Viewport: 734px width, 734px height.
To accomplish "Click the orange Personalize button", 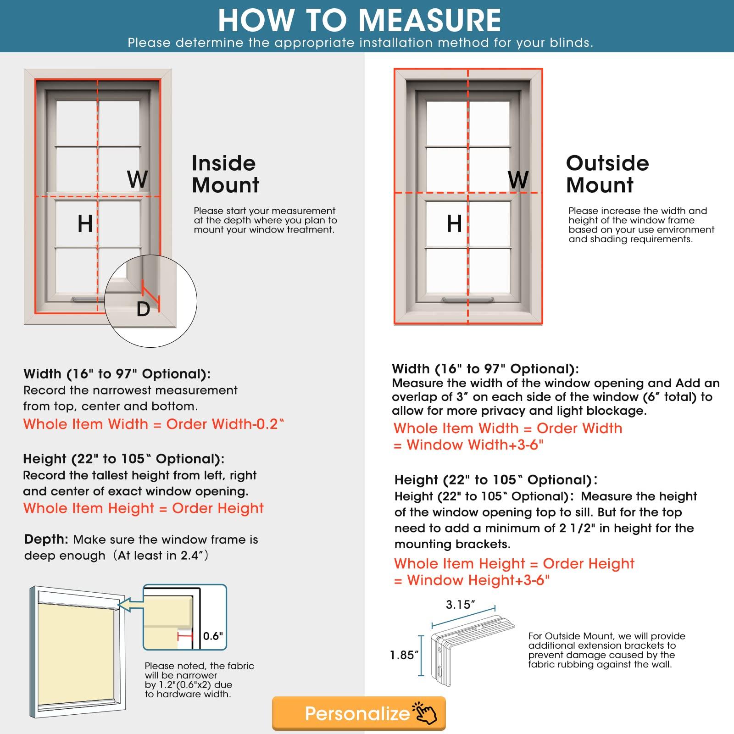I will (358, 713).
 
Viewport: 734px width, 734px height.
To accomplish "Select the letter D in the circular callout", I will (143, 309).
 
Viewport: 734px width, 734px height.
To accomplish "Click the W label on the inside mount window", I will (137, 179).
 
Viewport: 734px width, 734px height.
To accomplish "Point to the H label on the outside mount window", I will (454, 224).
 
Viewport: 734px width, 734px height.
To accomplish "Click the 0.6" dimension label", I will (213, 636).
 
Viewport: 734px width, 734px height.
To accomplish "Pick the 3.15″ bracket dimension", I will (461, 605).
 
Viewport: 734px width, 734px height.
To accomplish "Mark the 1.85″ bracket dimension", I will (404, 655).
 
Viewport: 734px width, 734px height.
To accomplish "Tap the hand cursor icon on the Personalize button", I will (426, 713).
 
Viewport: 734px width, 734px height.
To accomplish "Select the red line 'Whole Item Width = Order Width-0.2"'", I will (154, 424).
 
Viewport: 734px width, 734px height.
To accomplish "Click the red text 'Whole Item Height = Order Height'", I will (144, 508).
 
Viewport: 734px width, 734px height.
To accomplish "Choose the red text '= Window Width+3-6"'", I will (468, 445).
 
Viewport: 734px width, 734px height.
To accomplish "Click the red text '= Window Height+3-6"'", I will (472, 580).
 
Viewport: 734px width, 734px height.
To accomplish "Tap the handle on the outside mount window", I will (467, 300).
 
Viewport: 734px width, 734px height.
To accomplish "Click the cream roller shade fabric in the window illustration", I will (76, 656).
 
